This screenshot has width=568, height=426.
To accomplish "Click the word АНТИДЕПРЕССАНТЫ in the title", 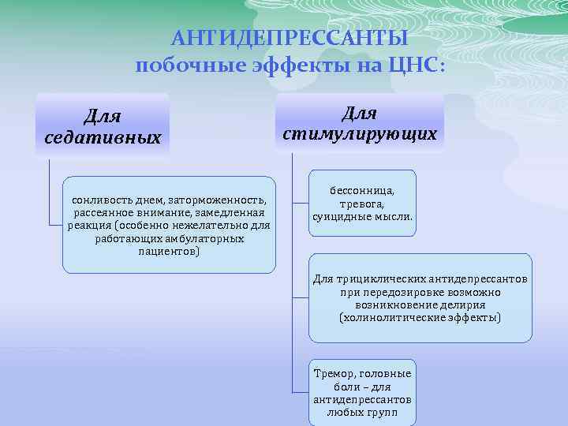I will [x=290, y=39].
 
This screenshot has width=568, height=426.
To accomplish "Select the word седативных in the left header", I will [x=103, y=137].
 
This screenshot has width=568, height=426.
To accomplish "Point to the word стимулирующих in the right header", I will [x=360, y=133].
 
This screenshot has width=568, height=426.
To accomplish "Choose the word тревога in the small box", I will [x=362, y=202].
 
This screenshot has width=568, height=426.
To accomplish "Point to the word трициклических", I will [x=381, y=279].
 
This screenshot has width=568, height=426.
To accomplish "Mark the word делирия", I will [x=464, y=305].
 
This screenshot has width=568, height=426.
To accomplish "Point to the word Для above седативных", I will [x=103, y=116].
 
